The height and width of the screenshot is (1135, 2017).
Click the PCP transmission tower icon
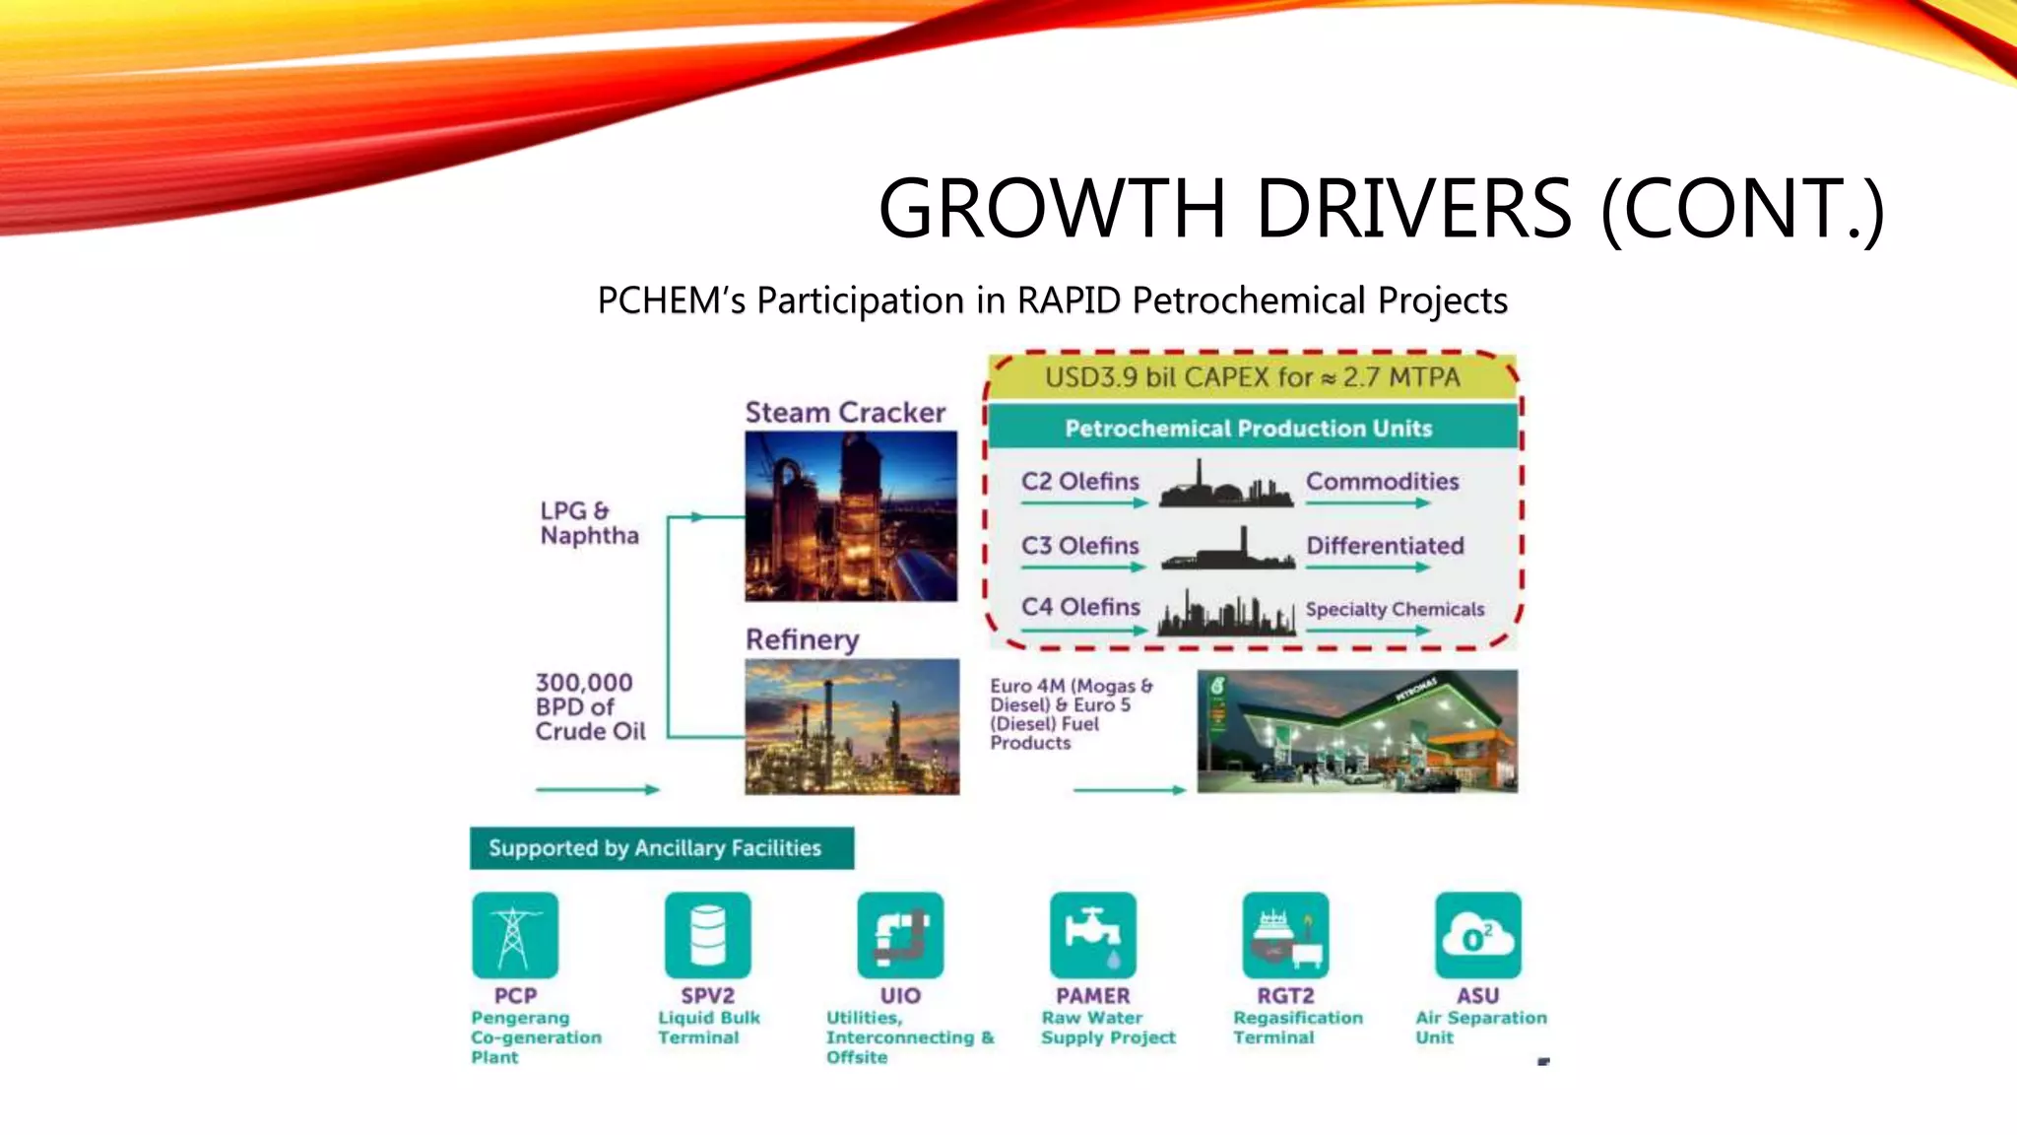514,935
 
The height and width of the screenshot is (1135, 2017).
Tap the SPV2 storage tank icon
707,935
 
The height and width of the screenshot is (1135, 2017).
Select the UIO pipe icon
900,935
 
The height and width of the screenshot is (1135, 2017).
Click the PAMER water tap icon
1092,935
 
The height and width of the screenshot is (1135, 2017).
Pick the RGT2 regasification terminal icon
1285,935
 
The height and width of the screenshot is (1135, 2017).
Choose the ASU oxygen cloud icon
1477,935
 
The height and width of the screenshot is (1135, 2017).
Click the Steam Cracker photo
851,516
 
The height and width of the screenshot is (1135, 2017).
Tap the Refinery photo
852,727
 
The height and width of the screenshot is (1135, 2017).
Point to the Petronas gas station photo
1357,731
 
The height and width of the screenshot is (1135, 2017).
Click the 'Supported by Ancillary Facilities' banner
662,848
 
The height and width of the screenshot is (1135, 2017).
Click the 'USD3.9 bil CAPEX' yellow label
1253,377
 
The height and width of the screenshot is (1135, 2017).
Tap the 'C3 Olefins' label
1079,546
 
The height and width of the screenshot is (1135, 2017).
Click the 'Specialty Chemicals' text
1395,610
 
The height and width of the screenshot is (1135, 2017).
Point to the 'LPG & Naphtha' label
589,523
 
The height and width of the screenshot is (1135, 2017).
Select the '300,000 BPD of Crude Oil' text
590,707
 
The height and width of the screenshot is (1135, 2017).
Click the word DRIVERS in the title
1413,209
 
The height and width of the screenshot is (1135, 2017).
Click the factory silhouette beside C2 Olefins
1226,485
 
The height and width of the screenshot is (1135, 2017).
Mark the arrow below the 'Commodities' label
1368,503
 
